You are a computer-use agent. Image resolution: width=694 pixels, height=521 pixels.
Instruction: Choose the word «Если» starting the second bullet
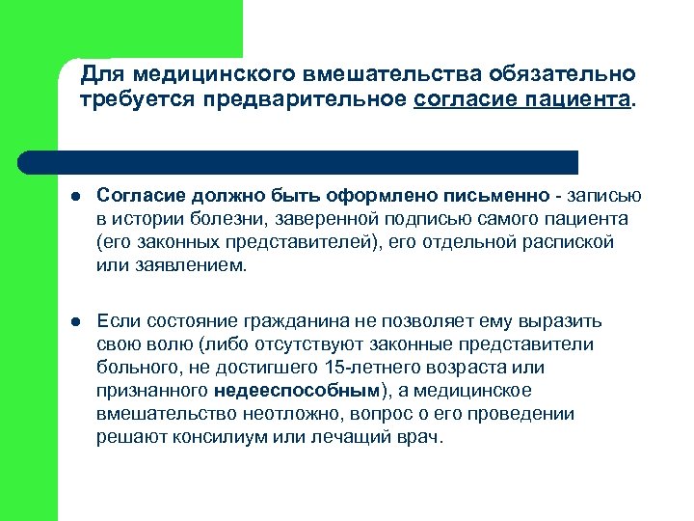[118, 322]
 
